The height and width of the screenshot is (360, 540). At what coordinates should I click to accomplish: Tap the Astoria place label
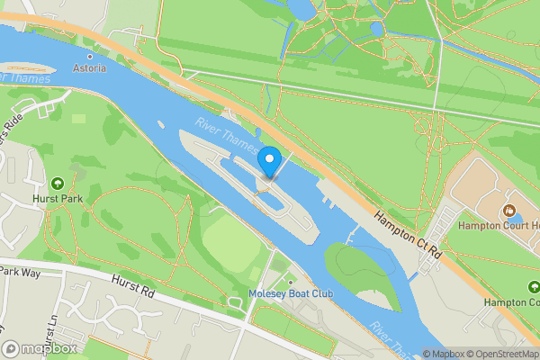(x=89, y=68)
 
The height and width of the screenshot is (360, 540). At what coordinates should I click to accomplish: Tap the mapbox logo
(x=40, y=348)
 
